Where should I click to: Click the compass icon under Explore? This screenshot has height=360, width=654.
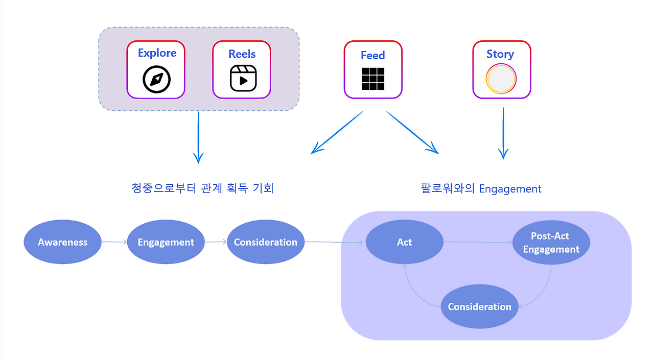pyautogui.click(x=156, y=80)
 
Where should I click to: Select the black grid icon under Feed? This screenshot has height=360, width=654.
pyautogui.click(x=373, y=79)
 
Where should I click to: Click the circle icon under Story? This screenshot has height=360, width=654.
pyautogui.click(x=501, y=80)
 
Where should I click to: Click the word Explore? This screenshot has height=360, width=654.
pyautogui.click(x=157, y=53)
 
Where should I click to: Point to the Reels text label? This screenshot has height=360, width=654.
pyautogui.click(x=242, y=54)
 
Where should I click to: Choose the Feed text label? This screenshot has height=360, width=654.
pyautogui.click(x=372, y=55)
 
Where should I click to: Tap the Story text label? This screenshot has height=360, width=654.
pyautogui.click(x=500, y=54)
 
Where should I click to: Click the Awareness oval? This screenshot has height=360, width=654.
pyautogui.click(x=63, y=242)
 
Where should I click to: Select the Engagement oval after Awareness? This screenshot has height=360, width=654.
pyautogui.click(x=166, y=242)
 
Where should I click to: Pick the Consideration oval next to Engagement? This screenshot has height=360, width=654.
pyautogui.click(x=265, y=242)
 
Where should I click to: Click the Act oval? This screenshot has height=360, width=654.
pyautogui.click(x=404, y=242)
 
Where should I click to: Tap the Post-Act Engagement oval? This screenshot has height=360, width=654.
pyautogui.click(x=551, y=243)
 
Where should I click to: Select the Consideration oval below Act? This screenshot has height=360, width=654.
pyautogui.click(x=479, y=306)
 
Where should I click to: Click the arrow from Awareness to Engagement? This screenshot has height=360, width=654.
pyautogui.click(x=114, y=243)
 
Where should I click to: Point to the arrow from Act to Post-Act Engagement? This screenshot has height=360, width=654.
pyautogui.click(x=478, y=243)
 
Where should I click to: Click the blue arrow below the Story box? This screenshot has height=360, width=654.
pyautogui.click(x=503, y=133)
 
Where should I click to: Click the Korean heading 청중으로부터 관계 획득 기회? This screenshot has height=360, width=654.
pyautogui.click(x=202, y=188)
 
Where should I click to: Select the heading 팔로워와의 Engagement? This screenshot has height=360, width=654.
pyautogui.click(x=481, y=188)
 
